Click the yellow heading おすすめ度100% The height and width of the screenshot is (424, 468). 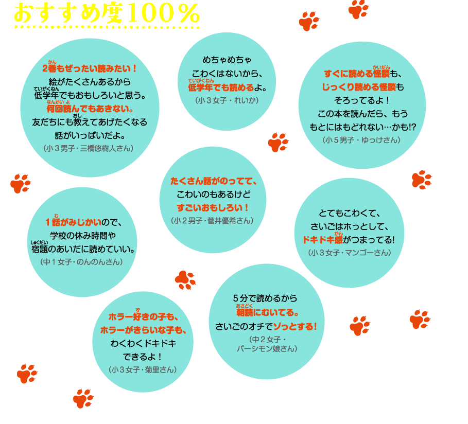107,14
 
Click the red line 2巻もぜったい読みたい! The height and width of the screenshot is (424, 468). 89,68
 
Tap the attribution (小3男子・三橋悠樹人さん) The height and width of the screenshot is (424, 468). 89,148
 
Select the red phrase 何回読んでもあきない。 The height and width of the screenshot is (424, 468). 90,109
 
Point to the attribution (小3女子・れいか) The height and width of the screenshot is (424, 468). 227,100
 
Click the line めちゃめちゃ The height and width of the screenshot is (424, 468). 227,60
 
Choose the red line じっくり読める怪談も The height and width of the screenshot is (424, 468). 362,87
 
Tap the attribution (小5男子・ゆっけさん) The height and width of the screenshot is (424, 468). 361,140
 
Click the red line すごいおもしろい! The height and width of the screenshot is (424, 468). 213,208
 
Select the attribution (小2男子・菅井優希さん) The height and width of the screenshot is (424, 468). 212,221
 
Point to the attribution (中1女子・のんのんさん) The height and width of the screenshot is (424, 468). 81,262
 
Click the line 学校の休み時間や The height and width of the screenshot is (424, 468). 83,236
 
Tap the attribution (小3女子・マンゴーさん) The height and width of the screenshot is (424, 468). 350,253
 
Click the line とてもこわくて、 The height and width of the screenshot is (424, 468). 350,214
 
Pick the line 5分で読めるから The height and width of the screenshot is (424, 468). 265,298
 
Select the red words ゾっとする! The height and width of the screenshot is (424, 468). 295,326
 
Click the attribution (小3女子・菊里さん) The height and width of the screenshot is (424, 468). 143,369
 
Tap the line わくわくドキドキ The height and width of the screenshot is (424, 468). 143,343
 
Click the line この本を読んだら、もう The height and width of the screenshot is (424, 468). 362,114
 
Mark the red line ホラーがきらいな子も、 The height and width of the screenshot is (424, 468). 143,330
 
